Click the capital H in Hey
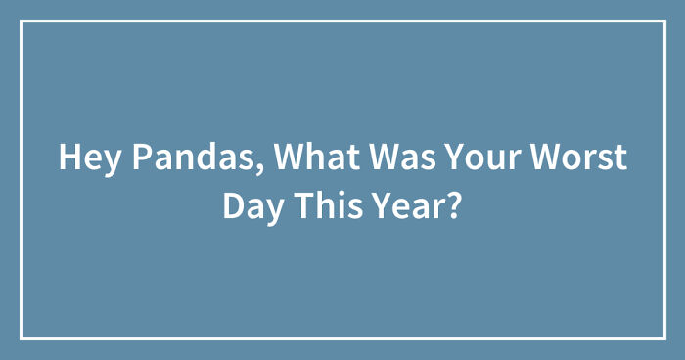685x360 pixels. (68, 157)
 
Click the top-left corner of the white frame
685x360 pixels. (22, 22)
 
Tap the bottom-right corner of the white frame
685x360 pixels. (663, 337)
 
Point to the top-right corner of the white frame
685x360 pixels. (663, 22)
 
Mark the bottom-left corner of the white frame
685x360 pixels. (22, 337)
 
